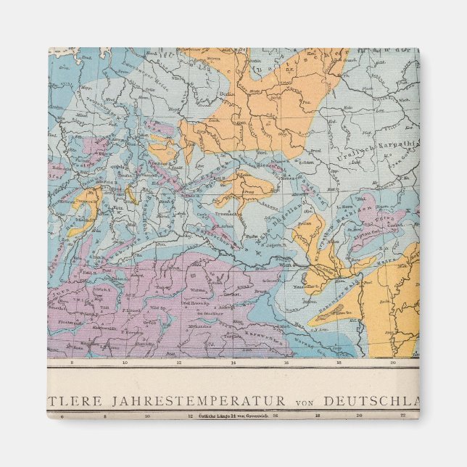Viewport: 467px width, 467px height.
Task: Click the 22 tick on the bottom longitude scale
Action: (403, 416)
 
